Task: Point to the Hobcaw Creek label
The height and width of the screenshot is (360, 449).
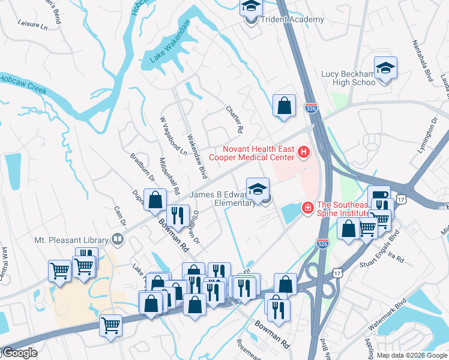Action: (x=23, y=85)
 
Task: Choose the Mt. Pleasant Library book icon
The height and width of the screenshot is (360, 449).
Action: (x=118, y=239)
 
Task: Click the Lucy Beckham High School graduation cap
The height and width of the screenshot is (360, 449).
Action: (x=385, y=69)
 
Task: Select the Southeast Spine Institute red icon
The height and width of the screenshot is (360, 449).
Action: (x=307, y=208)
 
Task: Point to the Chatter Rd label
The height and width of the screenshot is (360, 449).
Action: (x=235, y=119)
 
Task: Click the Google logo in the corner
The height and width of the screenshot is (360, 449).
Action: (x=19, y=353)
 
